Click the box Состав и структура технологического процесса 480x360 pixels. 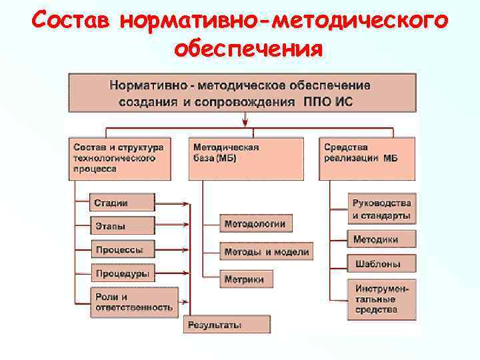(x=116, y=158)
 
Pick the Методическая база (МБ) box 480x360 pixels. (x=245, y=158)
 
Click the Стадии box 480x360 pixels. (x=122, y=203)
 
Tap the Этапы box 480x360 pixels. (x=122, y=226)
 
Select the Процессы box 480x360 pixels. (x=122, y=250)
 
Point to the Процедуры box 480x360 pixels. (x=122, y=273)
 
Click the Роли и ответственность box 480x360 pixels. (x=134, y=301)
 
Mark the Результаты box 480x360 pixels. (x=227, y=325)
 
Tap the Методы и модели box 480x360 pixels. (x=266, y=252)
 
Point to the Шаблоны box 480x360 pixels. (x=381, y=263)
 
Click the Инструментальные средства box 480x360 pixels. (x=381, y=299)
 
